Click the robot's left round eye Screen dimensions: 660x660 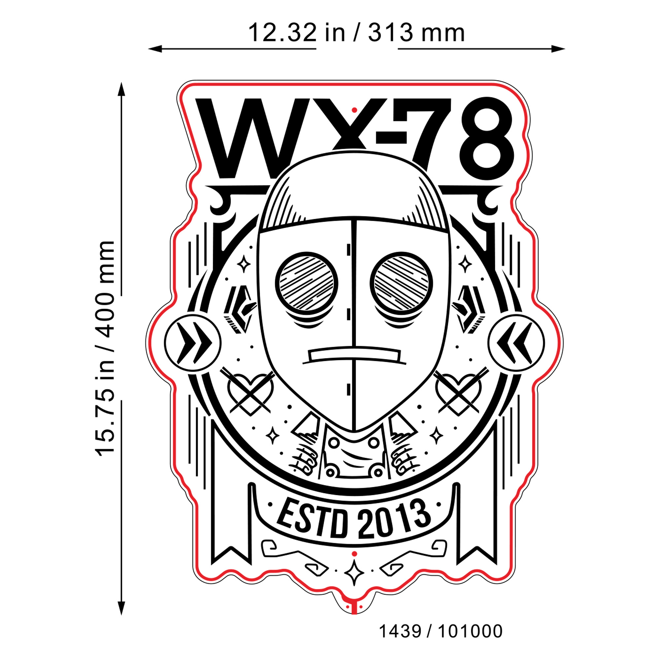[307, 283]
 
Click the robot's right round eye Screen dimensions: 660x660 [401, 283]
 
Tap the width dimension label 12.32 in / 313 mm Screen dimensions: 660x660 [356, 33]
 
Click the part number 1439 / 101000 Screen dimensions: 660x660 [441, 631]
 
